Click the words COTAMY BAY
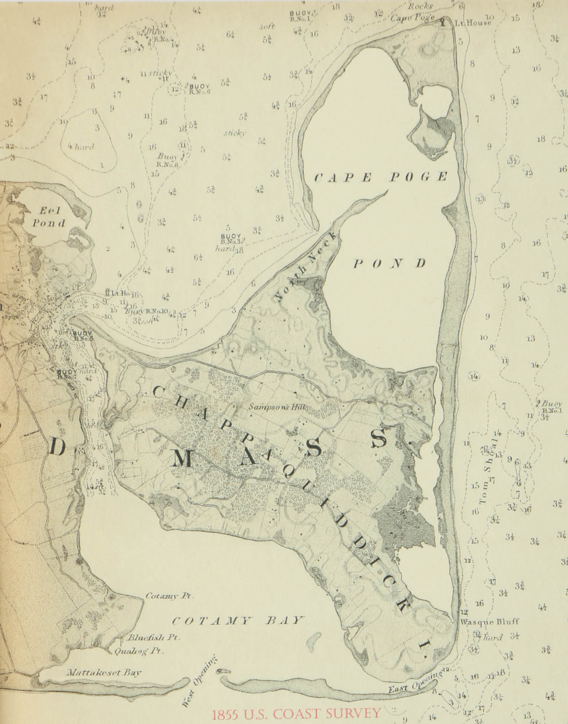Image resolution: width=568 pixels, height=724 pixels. click(236, 620)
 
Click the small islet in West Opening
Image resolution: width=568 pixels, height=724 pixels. click(224, 672)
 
